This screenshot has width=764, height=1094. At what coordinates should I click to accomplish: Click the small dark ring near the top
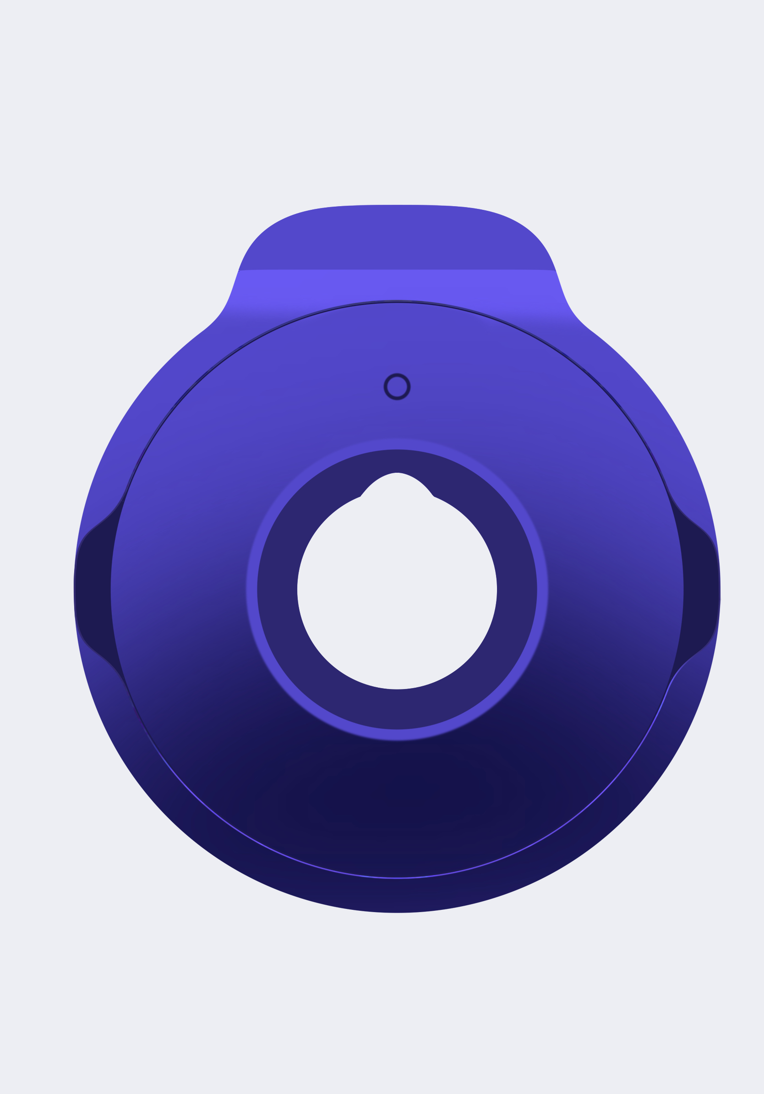coord(397,386)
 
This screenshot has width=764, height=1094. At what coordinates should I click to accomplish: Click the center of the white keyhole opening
coord(397,591)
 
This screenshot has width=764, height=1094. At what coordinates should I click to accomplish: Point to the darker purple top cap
coord(397,238)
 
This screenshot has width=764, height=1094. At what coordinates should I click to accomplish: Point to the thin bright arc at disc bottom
coord(397,878)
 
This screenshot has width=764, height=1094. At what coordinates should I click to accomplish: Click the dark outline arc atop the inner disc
coord(397,301)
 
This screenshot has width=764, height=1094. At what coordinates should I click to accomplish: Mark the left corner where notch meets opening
coord(360,497)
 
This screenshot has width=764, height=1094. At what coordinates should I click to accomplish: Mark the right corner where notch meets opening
coord(434,497)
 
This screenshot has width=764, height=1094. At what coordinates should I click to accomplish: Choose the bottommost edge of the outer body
coord(397,912)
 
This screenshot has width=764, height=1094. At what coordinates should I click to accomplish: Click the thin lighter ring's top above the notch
coord(397,443)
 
